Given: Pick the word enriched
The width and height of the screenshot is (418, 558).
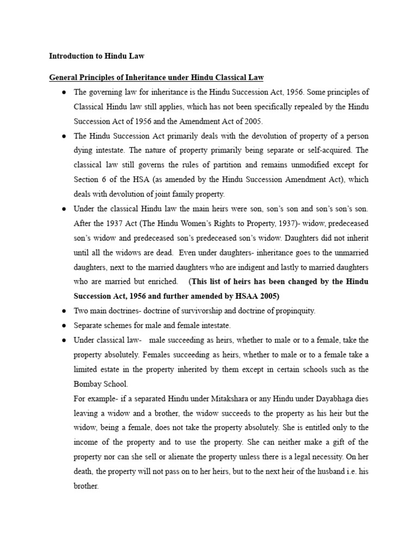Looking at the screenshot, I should click(163, 282).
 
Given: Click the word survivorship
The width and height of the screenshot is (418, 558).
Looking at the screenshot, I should click(175, 311).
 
